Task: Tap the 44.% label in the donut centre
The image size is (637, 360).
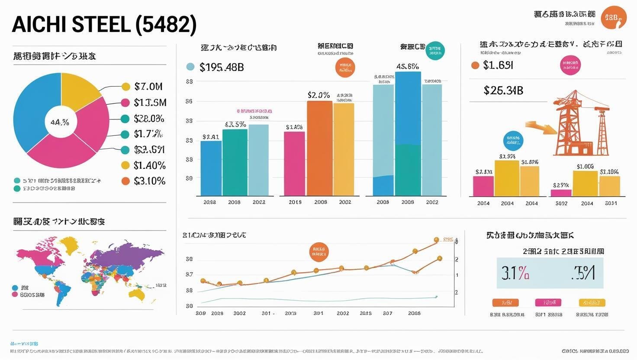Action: point(60,122)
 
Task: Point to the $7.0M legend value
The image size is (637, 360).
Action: point(148,87)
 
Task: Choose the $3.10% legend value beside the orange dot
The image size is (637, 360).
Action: point(149,181)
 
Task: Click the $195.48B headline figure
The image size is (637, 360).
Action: point(222,67)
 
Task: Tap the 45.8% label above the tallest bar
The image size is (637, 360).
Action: point(407,67)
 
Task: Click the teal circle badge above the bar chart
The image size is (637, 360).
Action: point(435,51)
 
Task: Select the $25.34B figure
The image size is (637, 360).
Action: point(503,90)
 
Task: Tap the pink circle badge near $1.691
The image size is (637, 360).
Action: point(570,65)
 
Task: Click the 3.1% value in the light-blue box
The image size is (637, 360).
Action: point(515,273)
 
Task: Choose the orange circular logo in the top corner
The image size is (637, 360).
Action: point(614,18)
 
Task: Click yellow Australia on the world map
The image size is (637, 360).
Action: point(137,294)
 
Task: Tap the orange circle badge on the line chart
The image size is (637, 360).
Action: point(319,252)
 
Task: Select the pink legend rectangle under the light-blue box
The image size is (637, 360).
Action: point(548,302)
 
